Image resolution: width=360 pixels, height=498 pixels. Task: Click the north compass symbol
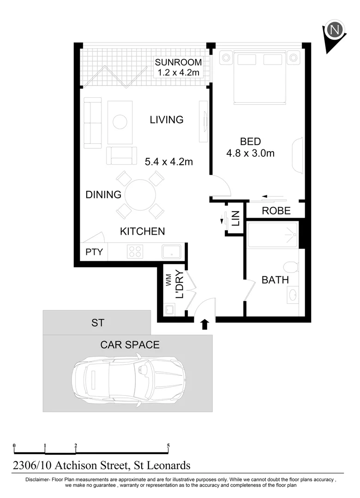point(336,31)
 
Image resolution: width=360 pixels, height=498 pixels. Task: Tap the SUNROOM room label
point(178,62)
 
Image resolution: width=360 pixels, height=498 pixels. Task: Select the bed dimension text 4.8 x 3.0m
point(250,154)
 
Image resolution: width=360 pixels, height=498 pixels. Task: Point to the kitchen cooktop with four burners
point(135,252)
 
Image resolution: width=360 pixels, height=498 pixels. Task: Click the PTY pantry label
point(94,252)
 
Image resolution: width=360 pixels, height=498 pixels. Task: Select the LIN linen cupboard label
point(235,218)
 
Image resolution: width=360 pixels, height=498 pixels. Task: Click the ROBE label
point(276,211)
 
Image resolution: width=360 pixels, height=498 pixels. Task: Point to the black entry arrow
point(205,325)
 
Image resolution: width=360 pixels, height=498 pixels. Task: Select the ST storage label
point(97,323)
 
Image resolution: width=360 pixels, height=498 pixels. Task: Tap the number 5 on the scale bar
point(168,446)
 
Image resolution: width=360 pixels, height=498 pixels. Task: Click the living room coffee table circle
point(120,122)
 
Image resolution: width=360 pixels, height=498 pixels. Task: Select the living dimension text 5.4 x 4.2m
point(168,161)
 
